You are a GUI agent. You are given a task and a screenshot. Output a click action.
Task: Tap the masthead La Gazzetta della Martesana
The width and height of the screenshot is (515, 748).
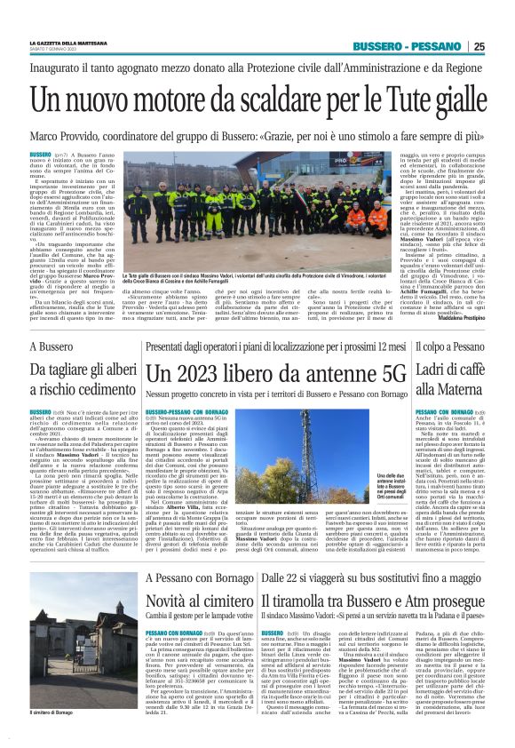pyautogui.click(x=71, y=44)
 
